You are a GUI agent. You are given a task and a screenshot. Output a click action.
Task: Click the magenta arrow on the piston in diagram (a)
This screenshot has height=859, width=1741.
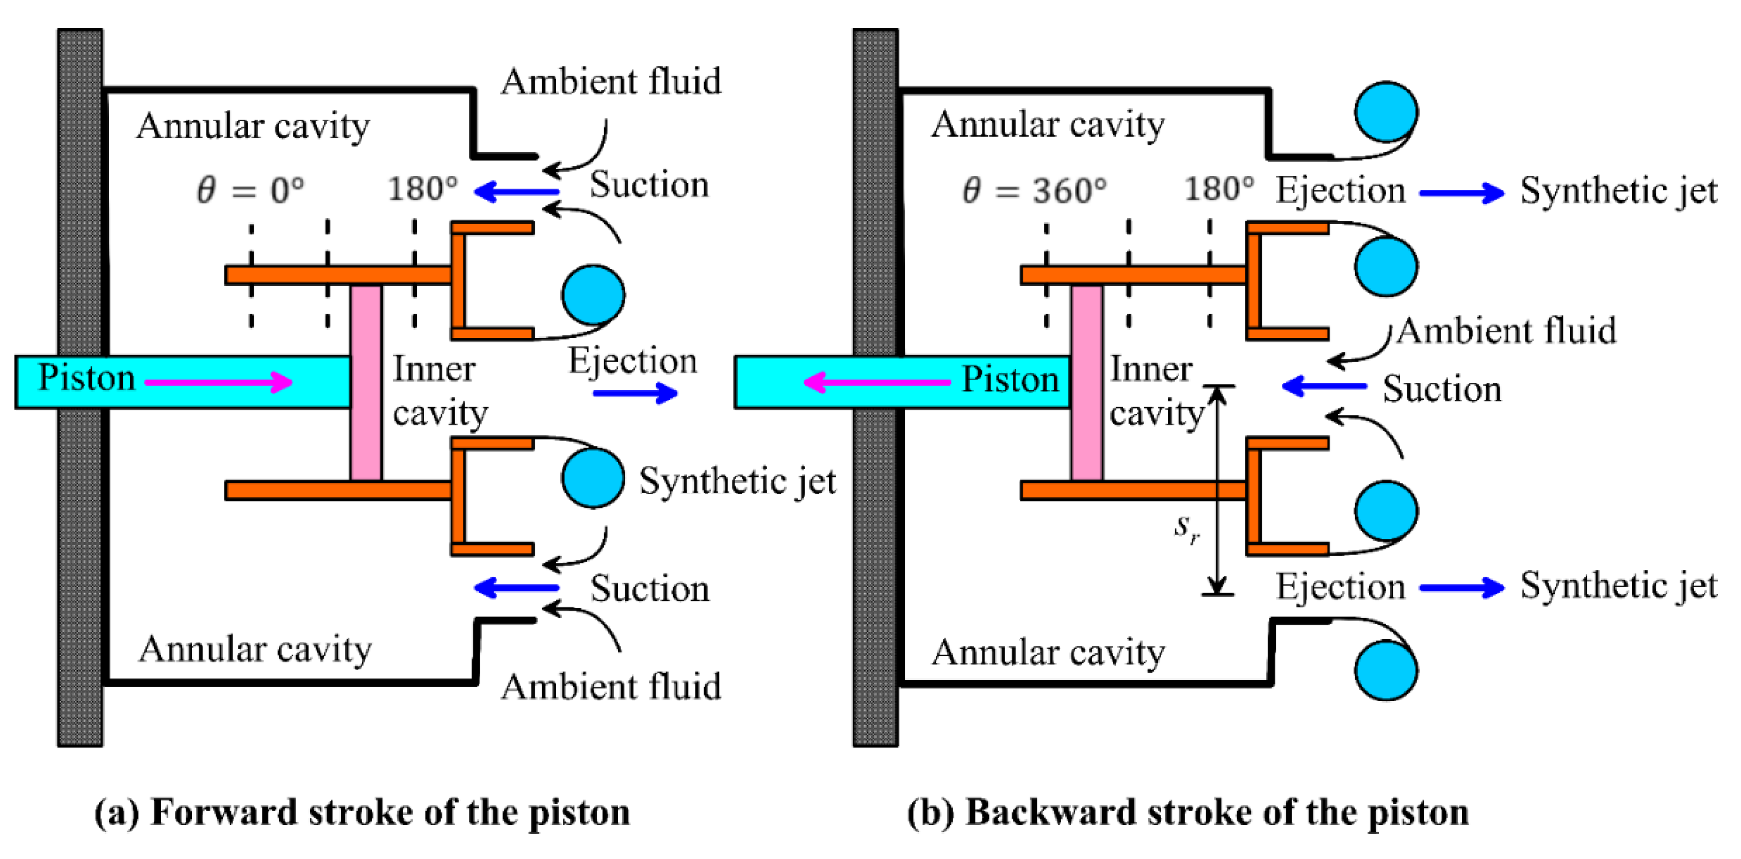tap(219, 382)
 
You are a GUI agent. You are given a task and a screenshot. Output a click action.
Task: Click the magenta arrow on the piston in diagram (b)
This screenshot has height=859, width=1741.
tap(876, 382)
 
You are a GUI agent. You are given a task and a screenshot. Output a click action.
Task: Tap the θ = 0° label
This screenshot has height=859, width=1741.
tap(251, 190)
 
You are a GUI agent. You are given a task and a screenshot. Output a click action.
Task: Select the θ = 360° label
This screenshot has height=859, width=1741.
tap(1035, 190)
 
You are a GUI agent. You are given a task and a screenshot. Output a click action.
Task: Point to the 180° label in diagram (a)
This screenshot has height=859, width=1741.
tap(423, 188)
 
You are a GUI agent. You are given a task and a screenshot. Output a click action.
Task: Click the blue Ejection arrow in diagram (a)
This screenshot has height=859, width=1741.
tap(636, 393)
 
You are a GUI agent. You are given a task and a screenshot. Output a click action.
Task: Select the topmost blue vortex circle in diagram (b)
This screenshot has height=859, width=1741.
tap(1386, 112)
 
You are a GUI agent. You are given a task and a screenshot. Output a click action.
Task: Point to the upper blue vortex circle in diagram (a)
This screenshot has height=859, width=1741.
tap(593, 295)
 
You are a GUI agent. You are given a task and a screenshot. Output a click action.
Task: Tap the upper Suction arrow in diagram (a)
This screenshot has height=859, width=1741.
tap(517, 192)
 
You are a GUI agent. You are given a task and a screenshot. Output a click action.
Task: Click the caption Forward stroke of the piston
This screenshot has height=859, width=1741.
tap(390, 813)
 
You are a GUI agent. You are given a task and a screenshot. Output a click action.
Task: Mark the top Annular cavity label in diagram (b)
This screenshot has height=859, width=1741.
tap(1048, 124)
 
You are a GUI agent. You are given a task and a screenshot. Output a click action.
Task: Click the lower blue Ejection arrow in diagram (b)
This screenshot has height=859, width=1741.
tap(1462, 587)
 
